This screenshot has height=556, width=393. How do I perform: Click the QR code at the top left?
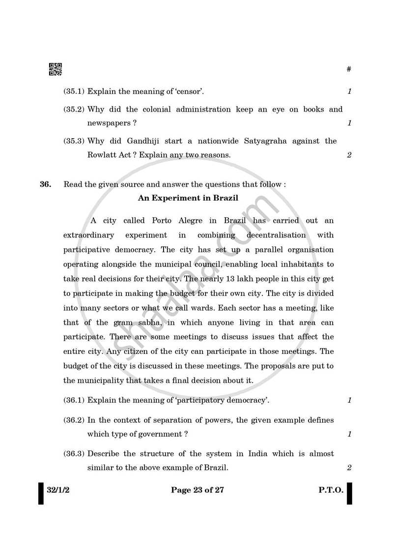56,69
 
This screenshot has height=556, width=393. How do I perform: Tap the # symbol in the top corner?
349,69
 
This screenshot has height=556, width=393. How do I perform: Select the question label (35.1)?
74,91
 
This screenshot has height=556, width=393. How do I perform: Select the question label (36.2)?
74,420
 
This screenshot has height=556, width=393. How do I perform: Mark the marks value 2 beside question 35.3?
349,155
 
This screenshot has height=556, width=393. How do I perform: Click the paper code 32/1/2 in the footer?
58,490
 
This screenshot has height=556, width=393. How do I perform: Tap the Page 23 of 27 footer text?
197,490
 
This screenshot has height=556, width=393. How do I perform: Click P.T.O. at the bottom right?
331,490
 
